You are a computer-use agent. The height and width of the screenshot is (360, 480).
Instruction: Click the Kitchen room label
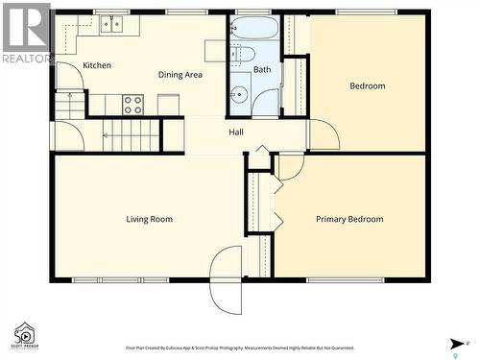coord(97,65)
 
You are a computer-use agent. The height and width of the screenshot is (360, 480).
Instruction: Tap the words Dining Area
coord(180,75)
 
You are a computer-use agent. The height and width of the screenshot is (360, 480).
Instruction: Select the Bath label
coord(261,69)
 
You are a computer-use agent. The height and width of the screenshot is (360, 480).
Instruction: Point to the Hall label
coord(236,132)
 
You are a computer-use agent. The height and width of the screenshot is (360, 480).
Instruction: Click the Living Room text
coord(149,219)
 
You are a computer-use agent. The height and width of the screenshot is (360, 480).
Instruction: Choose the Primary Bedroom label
coord(349,219)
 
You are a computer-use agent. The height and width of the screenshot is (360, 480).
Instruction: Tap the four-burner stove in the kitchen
coord(133,104)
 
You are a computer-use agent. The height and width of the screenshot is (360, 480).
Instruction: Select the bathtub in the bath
coord(254,27)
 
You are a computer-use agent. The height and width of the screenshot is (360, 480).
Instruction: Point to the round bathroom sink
coord(238,94)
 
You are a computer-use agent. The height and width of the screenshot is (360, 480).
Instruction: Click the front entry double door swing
coord(228,279)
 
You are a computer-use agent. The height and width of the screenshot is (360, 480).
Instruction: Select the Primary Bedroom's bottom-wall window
coord(344,280)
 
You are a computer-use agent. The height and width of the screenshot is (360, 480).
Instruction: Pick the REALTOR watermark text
coord(26,59)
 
